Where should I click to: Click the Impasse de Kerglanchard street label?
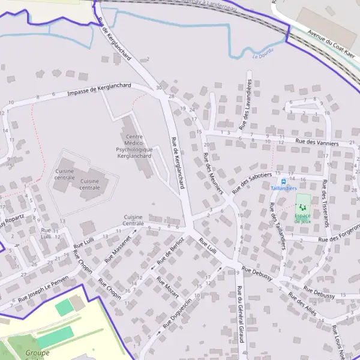99,89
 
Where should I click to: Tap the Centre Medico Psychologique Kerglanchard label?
134,146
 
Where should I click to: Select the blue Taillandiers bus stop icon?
283,181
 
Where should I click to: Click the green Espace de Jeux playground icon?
302,207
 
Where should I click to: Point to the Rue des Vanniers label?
317,143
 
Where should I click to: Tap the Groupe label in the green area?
37,353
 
